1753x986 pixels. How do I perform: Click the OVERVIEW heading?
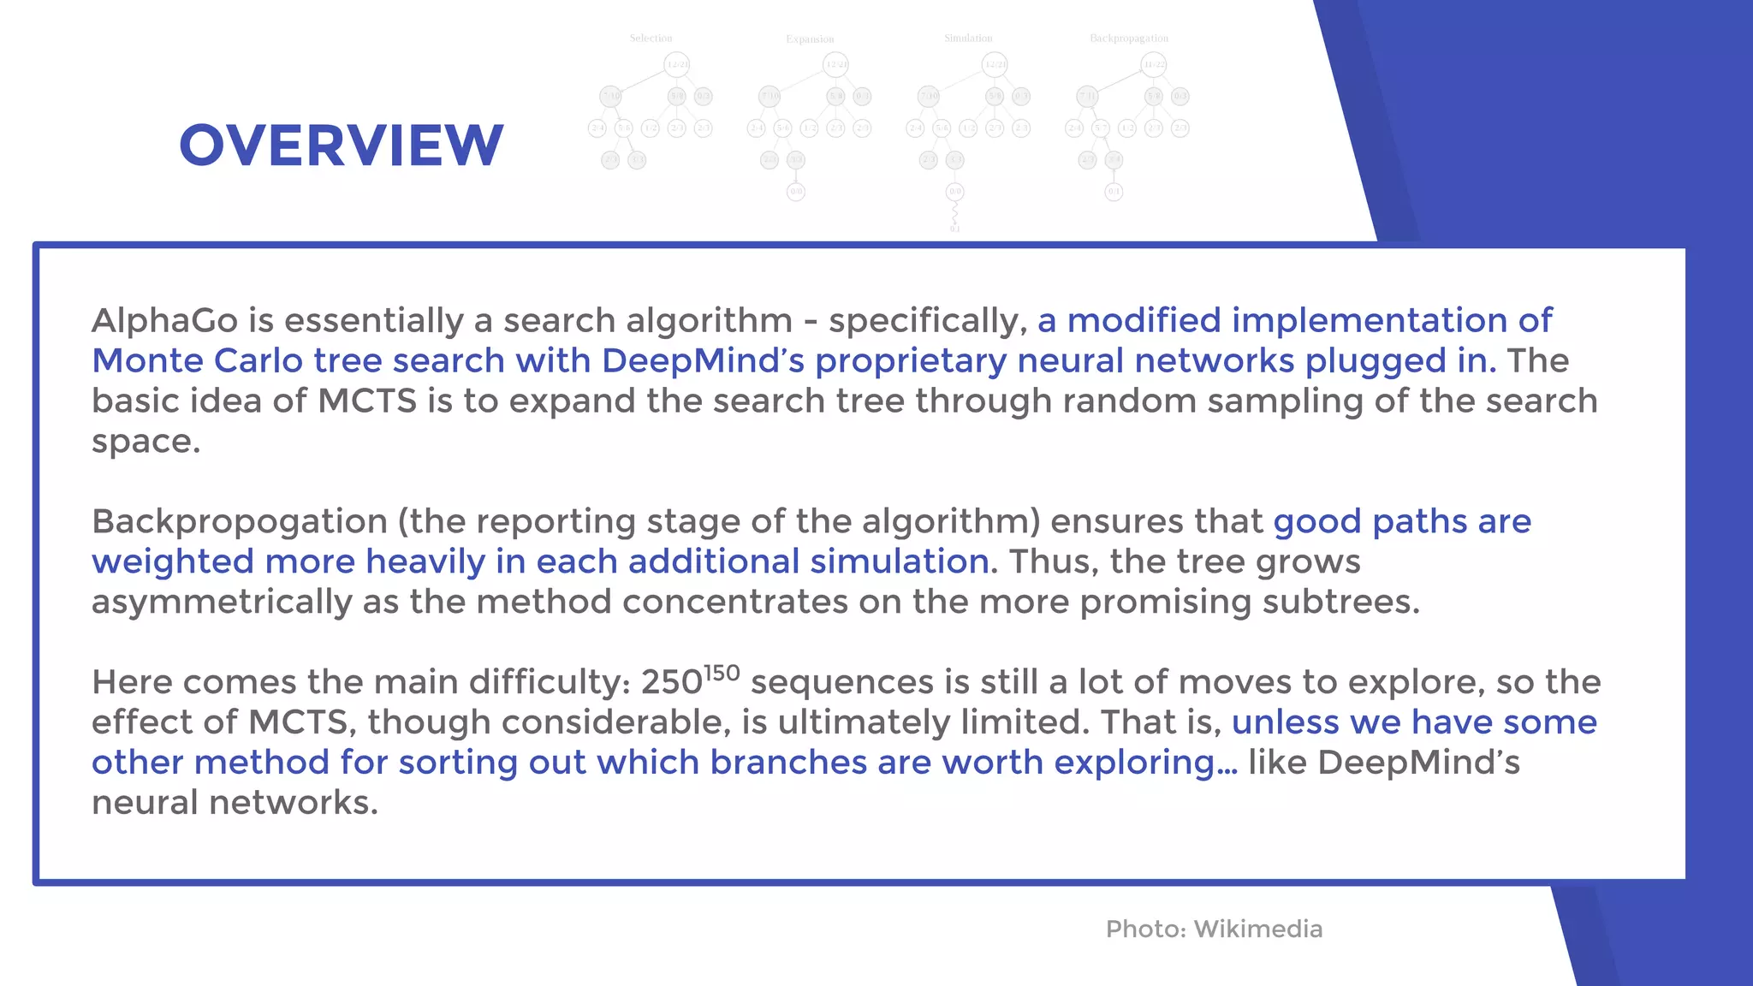[341, 146]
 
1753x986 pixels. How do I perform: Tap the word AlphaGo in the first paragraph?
[164, 321]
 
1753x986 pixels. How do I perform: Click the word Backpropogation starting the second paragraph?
[240, 521]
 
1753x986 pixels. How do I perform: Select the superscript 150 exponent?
[722, 673]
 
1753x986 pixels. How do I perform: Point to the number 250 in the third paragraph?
[671, 683]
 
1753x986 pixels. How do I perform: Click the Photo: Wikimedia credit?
[1214, 929]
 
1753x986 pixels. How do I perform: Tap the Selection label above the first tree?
[651, 39]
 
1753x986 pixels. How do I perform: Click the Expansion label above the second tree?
[810, 39]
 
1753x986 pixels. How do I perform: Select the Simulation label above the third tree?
[968, 39]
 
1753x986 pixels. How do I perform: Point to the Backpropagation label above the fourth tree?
[1128, 39]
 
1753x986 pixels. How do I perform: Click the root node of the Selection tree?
[676, 64]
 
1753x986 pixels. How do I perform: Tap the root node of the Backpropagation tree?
[1153, 64]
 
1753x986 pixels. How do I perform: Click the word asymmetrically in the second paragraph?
[221, 603]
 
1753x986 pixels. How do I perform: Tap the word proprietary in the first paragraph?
[910, 361]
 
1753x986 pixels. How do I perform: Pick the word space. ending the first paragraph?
[146, 443]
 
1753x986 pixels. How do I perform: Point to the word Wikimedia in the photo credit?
[1257, 929]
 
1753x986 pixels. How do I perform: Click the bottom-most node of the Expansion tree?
[796, 192]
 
